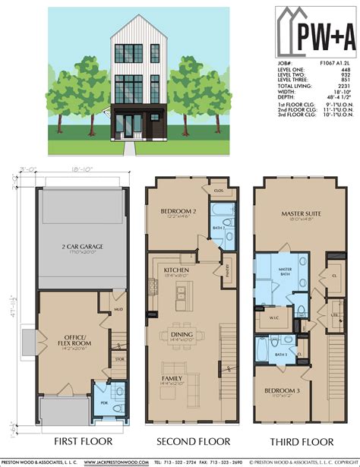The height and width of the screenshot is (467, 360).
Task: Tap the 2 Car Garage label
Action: point(73,249)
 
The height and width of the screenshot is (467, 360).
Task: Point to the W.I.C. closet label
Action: point(272,319)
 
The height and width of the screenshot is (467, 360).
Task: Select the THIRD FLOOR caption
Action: point(295,440)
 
